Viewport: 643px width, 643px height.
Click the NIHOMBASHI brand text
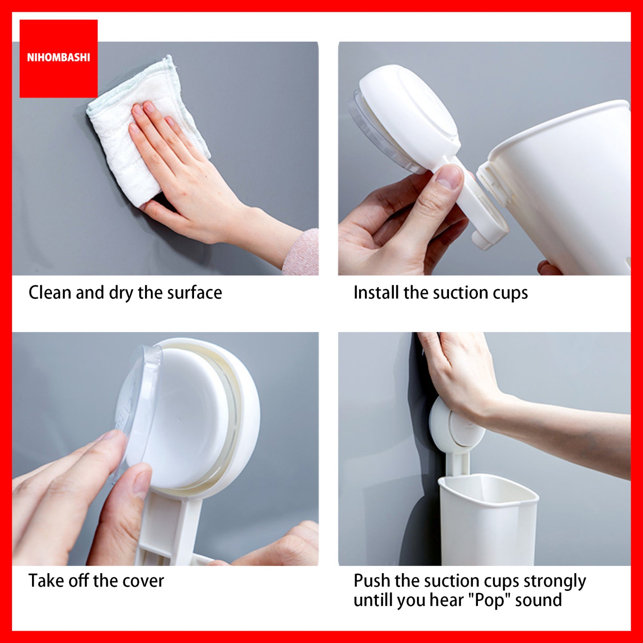tap(58, 58)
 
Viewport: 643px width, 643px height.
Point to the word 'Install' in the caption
tap(376, 293)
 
